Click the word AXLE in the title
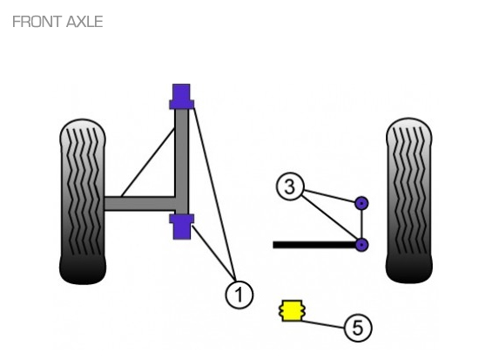pyautogui.click(x=84, y=22)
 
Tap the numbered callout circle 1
pyautogui.click(x=239, y=295)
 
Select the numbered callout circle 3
pyautogui.click(x=290, y=187)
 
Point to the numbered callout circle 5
pyautogui.click(x=358, y=328)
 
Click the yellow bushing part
pyautogui.click(x=292, y=310)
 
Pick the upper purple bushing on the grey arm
pyautogui.click(x=181, y=97)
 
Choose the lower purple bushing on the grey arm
pyautogui.click(x=181, y=227)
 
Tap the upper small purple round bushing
pyautogui.click(x=361, y=203)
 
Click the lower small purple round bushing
pyautogui.click(x=361, y=245)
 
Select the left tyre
pyautogui.click(x=83, y=202)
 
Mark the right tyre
pyautogui.click(x=408, y=200)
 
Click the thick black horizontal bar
pyautogui.click(x=314, y=245)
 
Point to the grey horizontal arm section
pyautogui.click(x=140, y=203)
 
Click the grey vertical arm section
pyautogui.click(x=181, y=161)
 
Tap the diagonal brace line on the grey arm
pyautogui.click(x=148, y=162)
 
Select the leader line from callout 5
pyautogui.click(x=323, y=324)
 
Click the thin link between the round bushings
pyautogui.click(x=361, y=224)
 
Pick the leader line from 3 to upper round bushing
pyautogui.click(x=330, y=196)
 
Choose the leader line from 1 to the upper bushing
pyautogui.click(x=214, y=192)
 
